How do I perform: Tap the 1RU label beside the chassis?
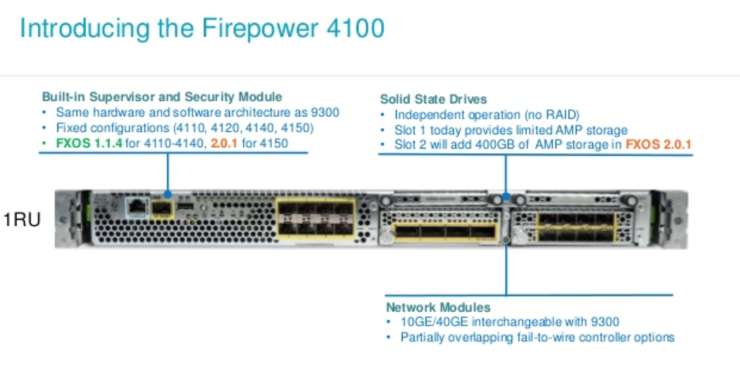tap(22, 220)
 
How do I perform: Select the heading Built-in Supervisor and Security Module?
tap(161, 96)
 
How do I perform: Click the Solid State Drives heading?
tap(433, 99)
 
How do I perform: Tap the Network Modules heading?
tap(438, 308)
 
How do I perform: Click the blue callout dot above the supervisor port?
tap(167, 194)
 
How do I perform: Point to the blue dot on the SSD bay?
tap(506, 196)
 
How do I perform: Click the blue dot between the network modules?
tap(506, 240)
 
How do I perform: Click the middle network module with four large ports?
tap(444, 231)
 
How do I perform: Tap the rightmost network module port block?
tap(576, 227)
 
